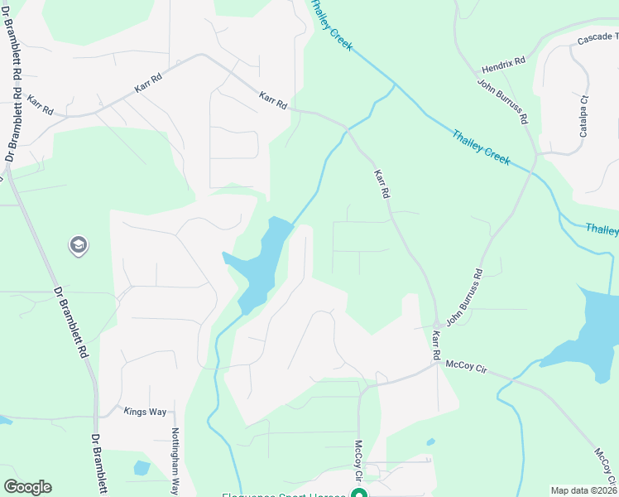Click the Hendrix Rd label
point(504,62)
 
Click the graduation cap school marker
point(78,245)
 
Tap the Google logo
point(27,487)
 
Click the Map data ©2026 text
point(583,490)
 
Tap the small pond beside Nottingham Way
point(142,468)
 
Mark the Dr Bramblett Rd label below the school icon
point(72,321)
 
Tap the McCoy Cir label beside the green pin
point(359,461)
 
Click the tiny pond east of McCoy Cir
point(430,442)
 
